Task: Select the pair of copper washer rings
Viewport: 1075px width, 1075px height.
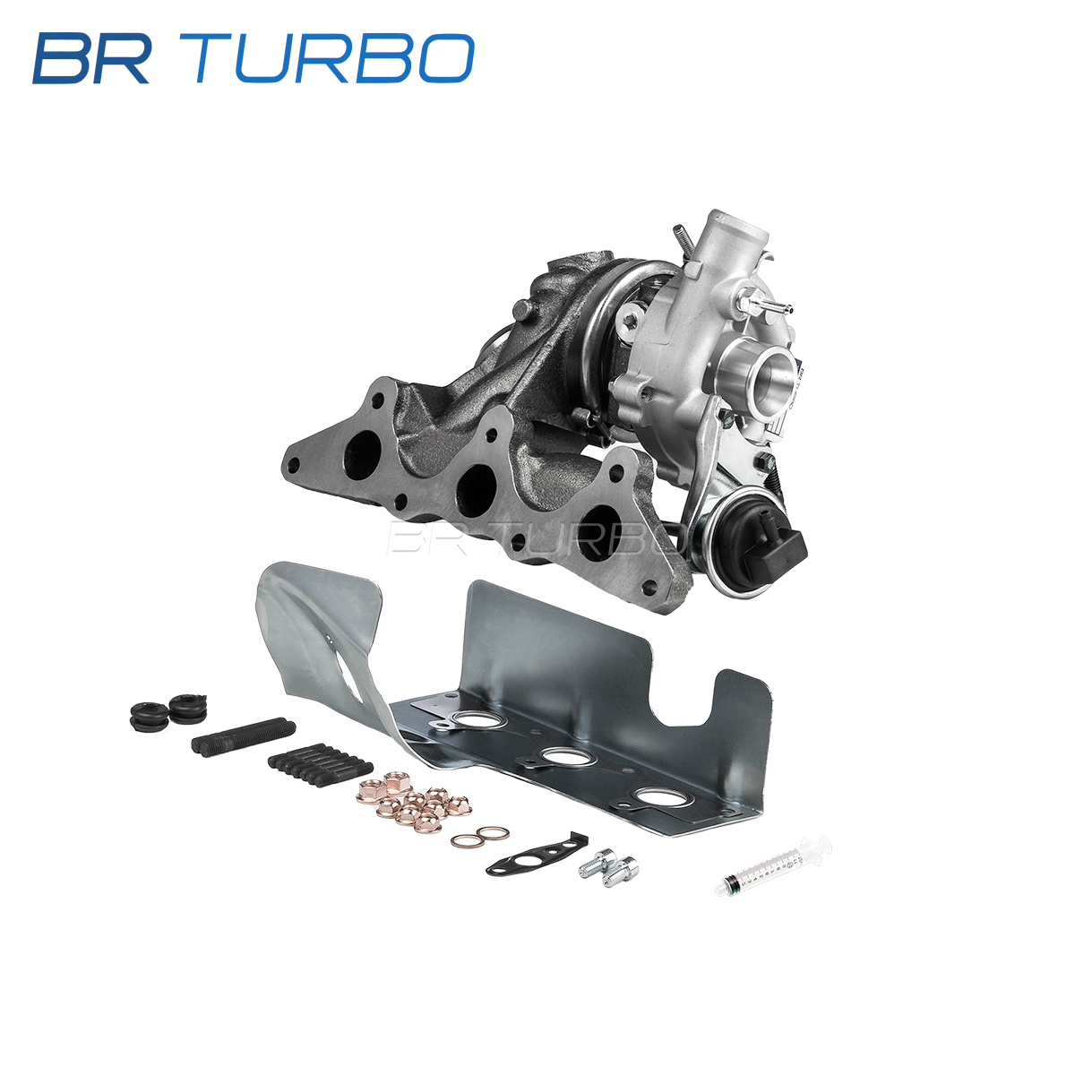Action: tap(480, 837)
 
